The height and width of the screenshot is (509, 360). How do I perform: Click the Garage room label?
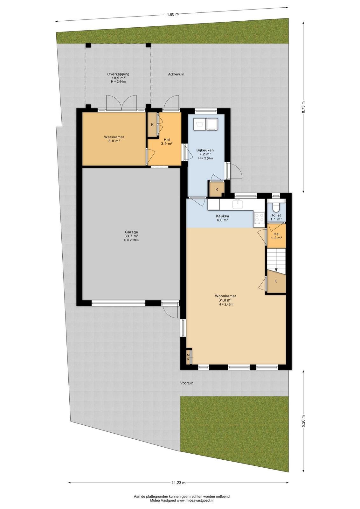(131, 232)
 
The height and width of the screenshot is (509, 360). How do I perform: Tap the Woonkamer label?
(225, 296)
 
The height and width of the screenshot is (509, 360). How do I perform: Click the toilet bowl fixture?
(276, 206)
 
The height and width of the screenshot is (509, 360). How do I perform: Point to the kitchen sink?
(238, 204)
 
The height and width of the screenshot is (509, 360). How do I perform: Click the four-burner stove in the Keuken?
(259, 217)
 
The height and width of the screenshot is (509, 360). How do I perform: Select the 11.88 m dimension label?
(172, 14)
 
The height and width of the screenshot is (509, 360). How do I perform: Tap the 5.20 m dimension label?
(303, 420)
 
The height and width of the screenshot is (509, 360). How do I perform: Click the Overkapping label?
(118, 74)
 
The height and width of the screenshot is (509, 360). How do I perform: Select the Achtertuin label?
(176, 74)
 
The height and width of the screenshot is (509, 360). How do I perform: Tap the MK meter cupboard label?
(188, 357)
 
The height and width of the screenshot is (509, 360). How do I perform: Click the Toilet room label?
(276, 215)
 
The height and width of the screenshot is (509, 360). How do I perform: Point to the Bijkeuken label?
(205, 150)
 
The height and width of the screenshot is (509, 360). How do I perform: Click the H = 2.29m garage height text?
(131, 240)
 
